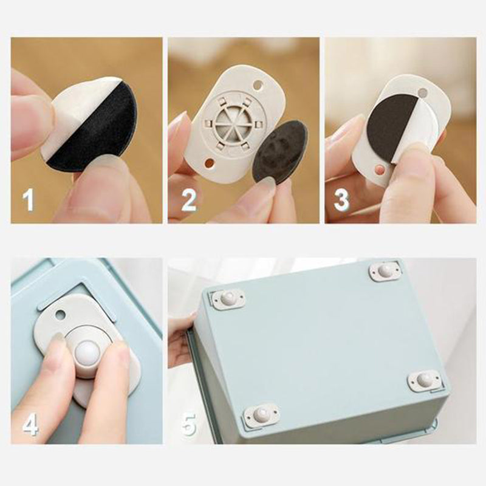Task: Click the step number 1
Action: coord(28,200)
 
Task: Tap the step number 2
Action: coord(188,200)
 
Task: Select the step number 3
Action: coord(341,200)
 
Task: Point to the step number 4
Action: coord(30,424)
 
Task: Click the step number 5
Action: coord(189,424)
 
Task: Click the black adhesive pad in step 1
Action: coord(96,130)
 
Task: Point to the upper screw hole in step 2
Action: coord(258,84)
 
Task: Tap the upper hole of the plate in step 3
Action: coord(422,92)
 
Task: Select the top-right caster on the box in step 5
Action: coord(385,271)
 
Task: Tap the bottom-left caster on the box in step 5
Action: coord(261,414)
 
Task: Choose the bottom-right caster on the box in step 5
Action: coord(424,380)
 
